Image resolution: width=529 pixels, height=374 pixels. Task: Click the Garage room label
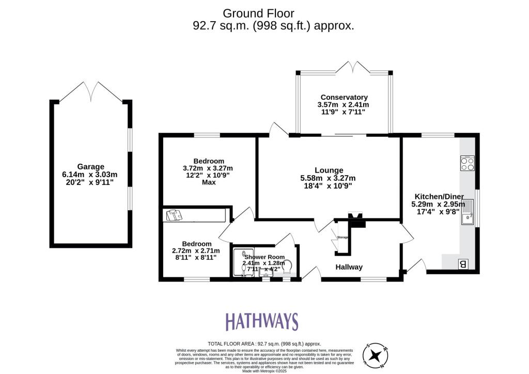[90, 166]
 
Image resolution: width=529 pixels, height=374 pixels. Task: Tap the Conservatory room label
[344, 97]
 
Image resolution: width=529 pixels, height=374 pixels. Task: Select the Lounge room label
[329, 170]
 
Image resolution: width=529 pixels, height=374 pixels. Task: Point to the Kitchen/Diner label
[439, 196]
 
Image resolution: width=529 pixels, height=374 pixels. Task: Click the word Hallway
[349, 267]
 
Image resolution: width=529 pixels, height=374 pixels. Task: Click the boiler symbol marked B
[463, 264]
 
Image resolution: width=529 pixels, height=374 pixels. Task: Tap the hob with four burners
[467, 163]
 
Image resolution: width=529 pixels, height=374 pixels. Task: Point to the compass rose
[376, 355]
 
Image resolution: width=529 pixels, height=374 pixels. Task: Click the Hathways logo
[261, 321]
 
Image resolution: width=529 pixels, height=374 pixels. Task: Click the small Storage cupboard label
[343, 238]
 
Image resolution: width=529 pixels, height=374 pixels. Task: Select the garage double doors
[91, 92]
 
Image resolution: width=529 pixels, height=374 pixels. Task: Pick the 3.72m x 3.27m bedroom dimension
[208, 168]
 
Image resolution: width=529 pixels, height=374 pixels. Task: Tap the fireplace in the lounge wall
[356, 219]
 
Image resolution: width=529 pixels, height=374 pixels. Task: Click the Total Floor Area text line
[264, 344]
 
